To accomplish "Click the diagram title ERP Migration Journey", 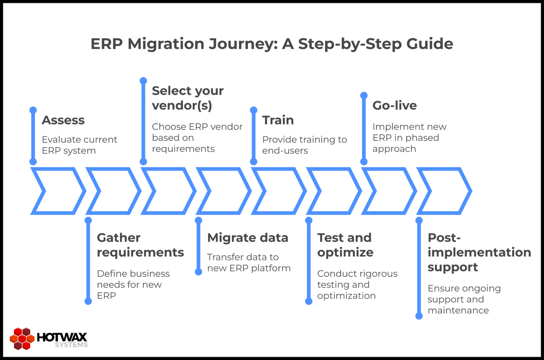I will point(272,44).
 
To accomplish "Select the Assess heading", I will point(63,120).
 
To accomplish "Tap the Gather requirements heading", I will point(140,245).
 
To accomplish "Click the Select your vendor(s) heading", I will point(188,98).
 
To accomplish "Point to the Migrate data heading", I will point(247,238).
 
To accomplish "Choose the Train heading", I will point(278,120).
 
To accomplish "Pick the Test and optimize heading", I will point(345,245).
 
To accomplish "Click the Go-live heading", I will point(394,105).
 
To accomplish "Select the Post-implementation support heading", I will point(479,252).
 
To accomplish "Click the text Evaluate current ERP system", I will point(79,145).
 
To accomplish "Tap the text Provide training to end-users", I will point(305,145).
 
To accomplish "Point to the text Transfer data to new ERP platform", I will point(249,263).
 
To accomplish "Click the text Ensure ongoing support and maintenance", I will point(464,300).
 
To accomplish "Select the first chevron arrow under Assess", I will point(58,191).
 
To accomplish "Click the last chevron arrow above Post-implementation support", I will point(444,191).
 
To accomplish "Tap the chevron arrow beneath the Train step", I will point(279,191).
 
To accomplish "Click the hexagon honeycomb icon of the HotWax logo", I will point(22,339).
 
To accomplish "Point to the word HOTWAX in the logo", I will point(62,337).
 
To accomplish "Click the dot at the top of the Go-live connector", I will point(364,96).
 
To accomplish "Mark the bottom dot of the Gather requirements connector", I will point(88,301).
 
